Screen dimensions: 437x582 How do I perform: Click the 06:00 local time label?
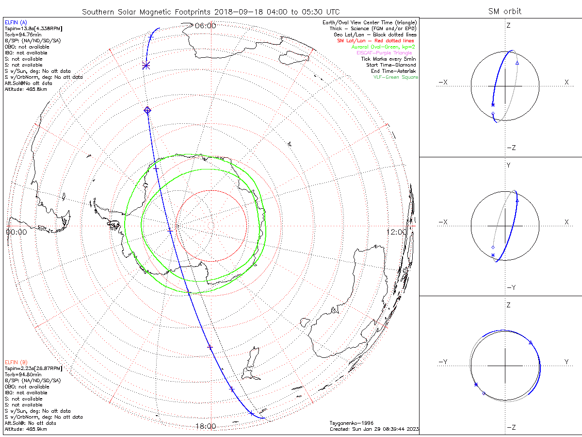tap(205, 26)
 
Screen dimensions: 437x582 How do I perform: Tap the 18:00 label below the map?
tap(205, 426)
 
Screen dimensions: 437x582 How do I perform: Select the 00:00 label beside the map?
tap(16, 232)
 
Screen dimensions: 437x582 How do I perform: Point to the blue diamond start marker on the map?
tap(147, 111)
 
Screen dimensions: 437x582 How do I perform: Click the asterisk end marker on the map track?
tap(145, 65)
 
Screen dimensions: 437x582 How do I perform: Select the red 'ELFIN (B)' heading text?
tap(16, 362)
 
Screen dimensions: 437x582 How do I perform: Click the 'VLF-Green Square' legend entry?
tap(395, 77)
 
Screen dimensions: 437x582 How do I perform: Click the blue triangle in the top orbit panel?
tap(517, 63)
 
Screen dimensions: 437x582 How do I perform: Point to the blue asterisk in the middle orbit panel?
tap(493, 255)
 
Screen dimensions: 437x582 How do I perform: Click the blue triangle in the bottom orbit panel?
tap(530, 343)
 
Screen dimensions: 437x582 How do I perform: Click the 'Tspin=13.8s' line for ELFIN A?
tap(33, 29)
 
